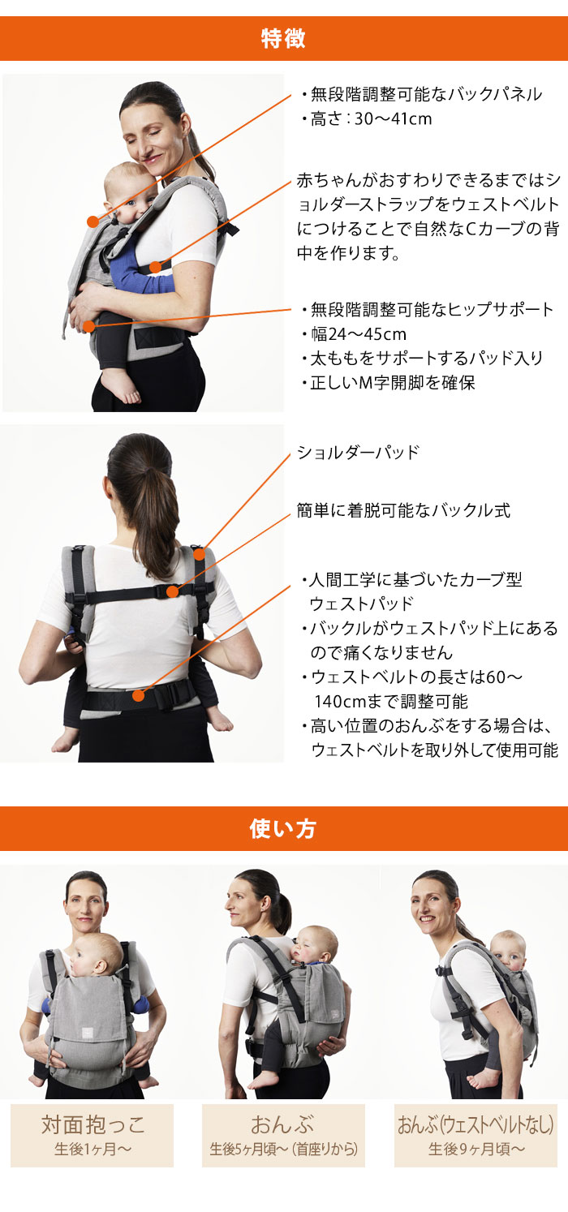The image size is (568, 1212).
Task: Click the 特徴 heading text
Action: (283, 38)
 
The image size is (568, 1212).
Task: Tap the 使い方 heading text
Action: (283, 828)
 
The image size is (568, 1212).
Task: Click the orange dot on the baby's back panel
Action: (93, 221)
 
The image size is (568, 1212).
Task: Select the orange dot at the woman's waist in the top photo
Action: (156, 267)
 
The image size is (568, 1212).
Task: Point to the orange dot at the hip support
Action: (88, 326)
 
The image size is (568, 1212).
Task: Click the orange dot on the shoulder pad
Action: (199, 554)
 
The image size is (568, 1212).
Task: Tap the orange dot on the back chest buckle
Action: (173, 591)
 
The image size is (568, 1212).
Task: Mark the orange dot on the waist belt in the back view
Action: (139, 695)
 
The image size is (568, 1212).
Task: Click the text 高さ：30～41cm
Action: (371, 118)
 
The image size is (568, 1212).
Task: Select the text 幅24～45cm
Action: (358, 334)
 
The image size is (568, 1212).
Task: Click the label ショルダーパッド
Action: (358, 453)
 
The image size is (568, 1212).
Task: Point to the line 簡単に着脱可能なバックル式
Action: (403, 510)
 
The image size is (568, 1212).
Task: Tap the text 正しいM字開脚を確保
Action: (392, 383)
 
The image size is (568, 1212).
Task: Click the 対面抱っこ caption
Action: (93, 1125)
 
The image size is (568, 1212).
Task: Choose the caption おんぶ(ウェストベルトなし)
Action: (475, 1124)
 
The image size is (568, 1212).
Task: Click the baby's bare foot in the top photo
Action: (123, 388)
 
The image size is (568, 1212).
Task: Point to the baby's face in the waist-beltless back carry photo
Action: (510, 956)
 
